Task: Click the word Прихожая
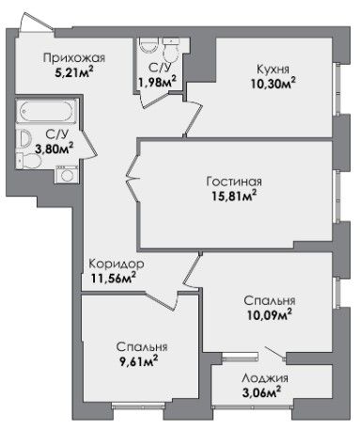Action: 74,58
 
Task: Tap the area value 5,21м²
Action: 74,72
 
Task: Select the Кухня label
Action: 273,69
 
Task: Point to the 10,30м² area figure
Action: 273,83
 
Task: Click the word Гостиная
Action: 234,182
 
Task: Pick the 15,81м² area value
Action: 234,196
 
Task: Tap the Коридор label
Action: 117,264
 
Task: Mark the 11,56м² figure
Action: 114,278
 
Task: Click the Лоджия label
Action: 265,378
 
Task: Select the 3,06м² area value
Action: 261,392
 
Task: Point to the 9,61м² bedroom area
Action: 136,361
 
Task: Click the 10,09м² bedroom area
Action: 270,314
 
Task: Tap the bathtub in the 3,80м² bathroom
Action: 47,111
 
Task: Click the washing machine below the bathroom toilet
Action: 67,174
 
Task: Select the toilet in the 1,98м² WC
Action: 171,49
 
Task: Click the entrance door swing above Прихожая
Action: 36,22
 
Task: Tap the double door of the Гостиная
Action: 133,178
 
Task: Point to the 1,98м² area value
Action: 157,82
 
